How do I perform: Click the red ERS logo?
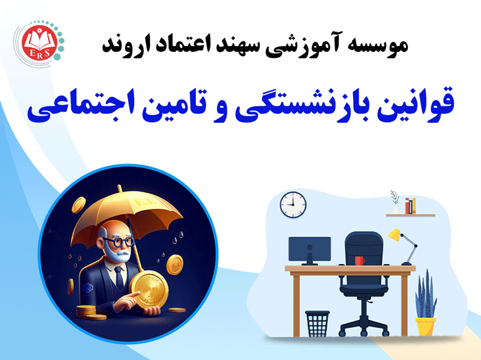click(39, 43)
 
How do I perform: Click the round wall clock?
click(293, 204)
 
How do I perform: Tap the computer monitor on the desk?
click(309, 250)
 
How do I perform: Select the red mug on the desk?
click(359, 261)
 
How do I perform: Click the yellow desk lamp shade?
click(394, 235)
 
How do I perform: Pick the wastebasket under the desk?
click(317, 323)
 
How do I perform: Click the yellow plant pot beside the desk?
click(426, 326)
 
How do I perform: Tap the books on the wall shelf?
click(410, 206)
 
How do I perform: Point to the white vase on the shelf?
click(396, 209)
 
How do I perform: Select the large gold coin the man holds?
click(149, 290)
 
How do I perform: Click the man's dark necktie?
click(119, 278)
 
